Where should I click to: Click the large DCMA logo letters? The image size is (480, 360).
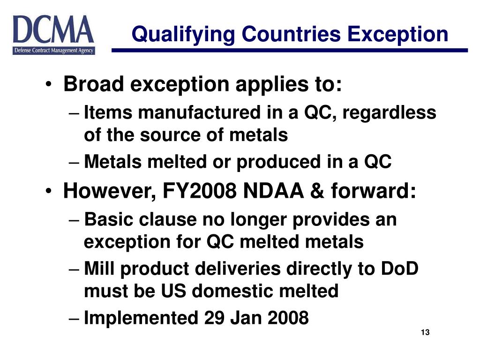click(x=53, y=30)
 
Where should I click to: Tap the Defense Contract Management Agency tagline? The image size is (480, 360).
click(x=53, y=51)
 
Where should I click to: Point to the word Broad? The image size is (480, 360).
click(x=94, y=84)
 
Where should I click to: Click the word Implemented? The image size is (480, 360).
click(x=141, y=318)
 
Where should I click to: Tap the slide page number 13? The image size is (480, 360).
click(x=425, y=332)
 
